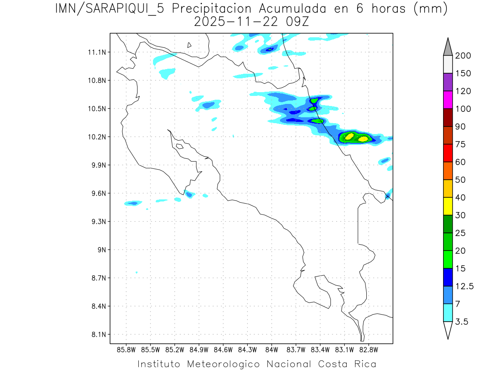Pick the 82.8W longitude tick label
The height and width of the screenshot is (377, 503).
(x=368, y=349)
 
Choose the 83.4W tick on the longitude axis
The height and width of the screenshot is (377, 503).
(x=320, y=349)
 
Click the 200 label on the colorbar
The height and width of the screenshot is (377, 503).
(x=463, y=56)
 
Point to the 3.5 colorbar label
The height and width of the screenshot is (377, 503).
(x=462, y=322)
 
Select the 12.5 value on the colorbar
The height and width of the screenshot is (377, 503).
(x=464, y=286)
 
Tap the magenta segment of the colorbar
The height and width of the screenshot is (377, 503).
(x=448, y=100)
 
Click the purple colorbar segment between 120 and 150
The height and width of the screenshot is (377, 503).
(x=448, y=82)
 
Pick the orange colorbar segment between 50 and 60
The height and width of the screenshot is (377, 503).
(x=448, y=170)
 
